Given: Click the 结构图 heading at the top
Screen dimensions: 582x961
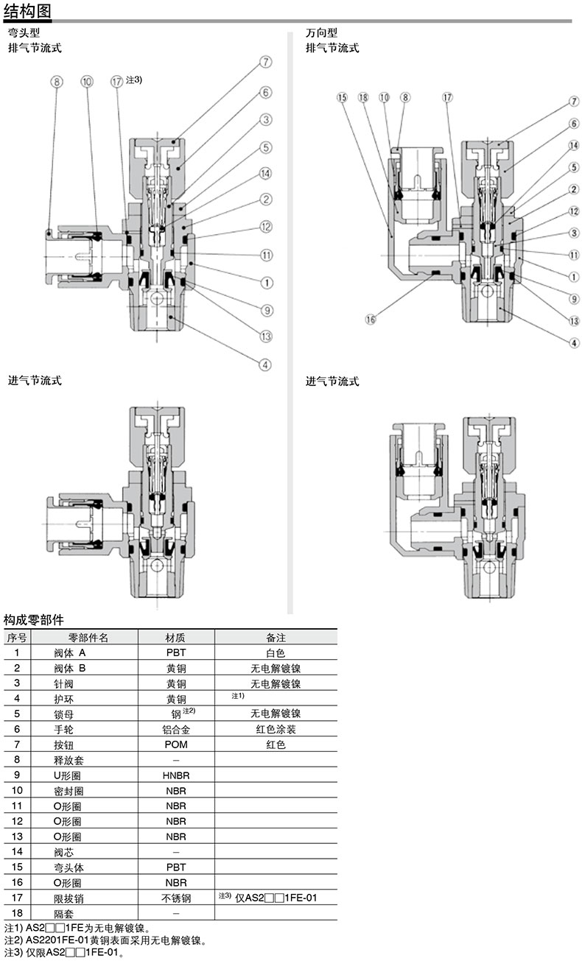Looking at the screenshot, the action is [x=27, y=10].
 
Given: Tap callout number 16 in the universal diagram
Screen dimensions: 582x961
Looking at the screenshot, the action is [x=370, y=319].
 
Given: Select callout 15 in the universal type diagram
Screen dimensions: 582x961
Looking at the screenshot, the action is [x=342, y=97].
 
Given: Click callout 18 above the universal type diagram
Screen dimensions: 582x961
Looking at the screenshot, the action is [x=363, y=97].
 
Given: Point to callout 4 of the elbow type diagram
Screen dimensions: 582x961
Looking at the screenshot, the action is [x=265, y=365].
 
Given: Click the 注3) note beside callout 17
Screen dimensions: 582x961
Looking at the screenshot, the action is [x=134, y=80].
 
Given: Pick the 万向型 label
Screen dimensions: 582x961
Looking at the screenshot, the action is [x=321, y=32].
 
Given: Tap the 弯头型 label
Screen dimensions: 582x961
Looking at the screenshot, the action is [x=24, y=32].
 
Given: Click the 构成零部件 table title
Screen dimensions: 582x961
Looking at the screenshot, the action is [x=33, y=619].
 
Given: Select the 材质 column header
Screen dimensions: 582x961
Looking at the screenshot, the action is [x=175, y=638].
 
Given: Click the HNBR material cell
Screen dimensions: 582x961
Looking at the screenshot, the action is [x=176, y=775].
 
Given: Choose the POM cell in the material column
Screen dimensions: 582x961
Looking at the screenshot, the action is [x=176, y=744].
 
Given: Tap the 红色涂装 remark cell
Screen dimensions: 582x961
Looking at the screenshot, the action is [x=276, y=729].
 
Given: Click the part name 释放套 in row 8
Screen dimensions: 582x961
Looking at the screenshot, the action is [x=69, y=760].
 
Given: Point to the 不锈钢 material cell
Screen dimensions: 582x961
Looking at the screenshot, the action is [x=176, y=898].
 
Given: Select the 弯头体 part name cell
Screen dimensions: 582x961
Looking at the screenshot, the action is [x=69, y=867].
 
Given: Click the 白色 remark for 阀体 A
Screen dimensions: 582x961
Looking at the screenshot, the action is [x=276, y=653].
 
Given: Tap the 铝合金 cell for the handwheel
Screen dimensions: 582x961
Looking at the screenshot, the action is [x=176, y=729].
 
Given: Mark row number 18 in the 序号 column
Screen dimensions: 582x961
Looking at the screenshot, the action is [x=17, y=913].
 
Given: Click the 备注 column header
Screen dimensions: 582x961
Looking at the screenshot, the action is [x=276, y=638].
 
